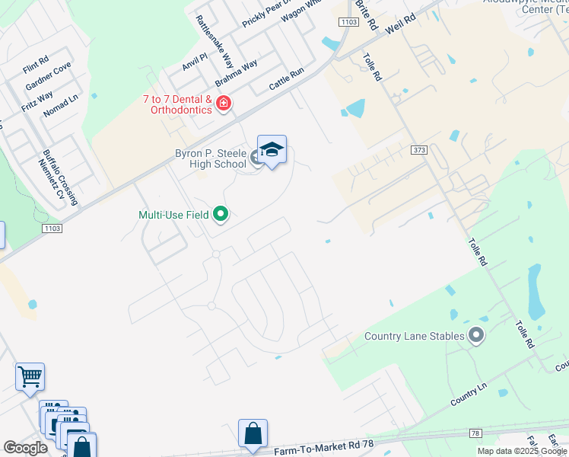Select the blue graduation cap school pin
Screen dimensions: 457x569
click(x=272, y=149)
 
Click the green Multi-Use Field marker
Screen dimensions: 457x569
click(x=221, y=215)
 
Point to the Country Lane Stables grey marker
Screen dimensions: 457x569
click(x=477, y=335)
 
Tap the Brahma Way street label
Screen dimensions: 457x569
click(x=236, y=72)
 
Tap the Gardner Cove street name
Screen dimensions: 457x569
click(x=48, y=75)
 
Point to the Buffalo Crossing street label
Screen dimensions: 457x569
click(x=60, y=177)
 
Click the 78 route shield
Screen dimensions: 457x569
click(x=475, y=433)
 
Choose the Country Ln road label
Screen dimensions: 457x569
click(x=468, y=393)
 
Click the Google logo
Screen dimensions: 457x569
click(x=25, y=448)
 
